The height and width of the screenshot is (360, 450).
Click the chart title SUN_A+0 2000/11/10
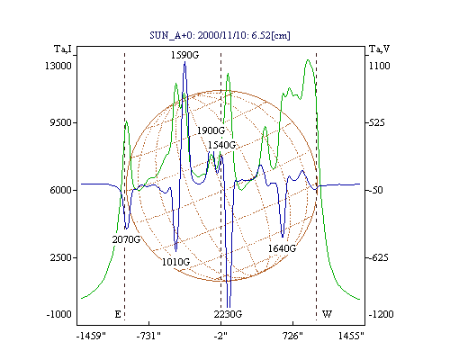(220, 35)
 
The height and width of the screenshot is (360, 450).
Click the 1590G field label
(184, 55)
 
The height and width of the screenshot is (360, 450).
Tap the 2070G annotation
(126, 239)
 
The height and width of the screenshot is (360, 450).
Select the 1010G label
(175, 262)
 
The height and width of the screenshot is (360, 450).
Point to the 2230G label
(228, 314)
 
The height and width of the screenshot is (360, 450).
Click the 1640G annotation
(282, 248)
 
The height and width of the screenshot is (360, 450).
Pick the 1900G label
(211, 130)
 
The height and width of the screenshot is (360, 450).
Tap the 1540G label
(222, 145)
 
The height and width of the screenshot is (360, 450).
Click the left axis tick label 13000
(58, 66)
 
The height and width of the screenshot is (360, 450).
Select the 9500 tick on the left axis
(61, 122)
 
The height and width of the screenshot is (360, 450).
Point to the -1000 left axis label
(58, 314)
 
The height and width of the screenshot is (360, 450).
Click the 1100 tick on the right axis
(379, 66)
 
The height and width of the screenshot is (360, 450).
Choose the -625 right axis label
(379, 257)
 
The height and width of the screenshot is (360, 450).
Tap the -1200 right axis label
(381, 314)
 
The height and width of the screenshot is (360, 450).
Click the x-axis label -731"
(148, 336)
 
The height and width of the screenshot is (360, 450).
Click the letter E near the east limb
(118, 314)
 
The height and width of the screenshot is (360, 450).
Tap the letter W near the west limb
(327, 314)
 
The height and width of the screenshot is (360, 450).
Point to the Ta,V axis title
(380, 49)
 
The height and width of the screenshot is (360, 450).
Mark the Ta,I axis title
(63, 49)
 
